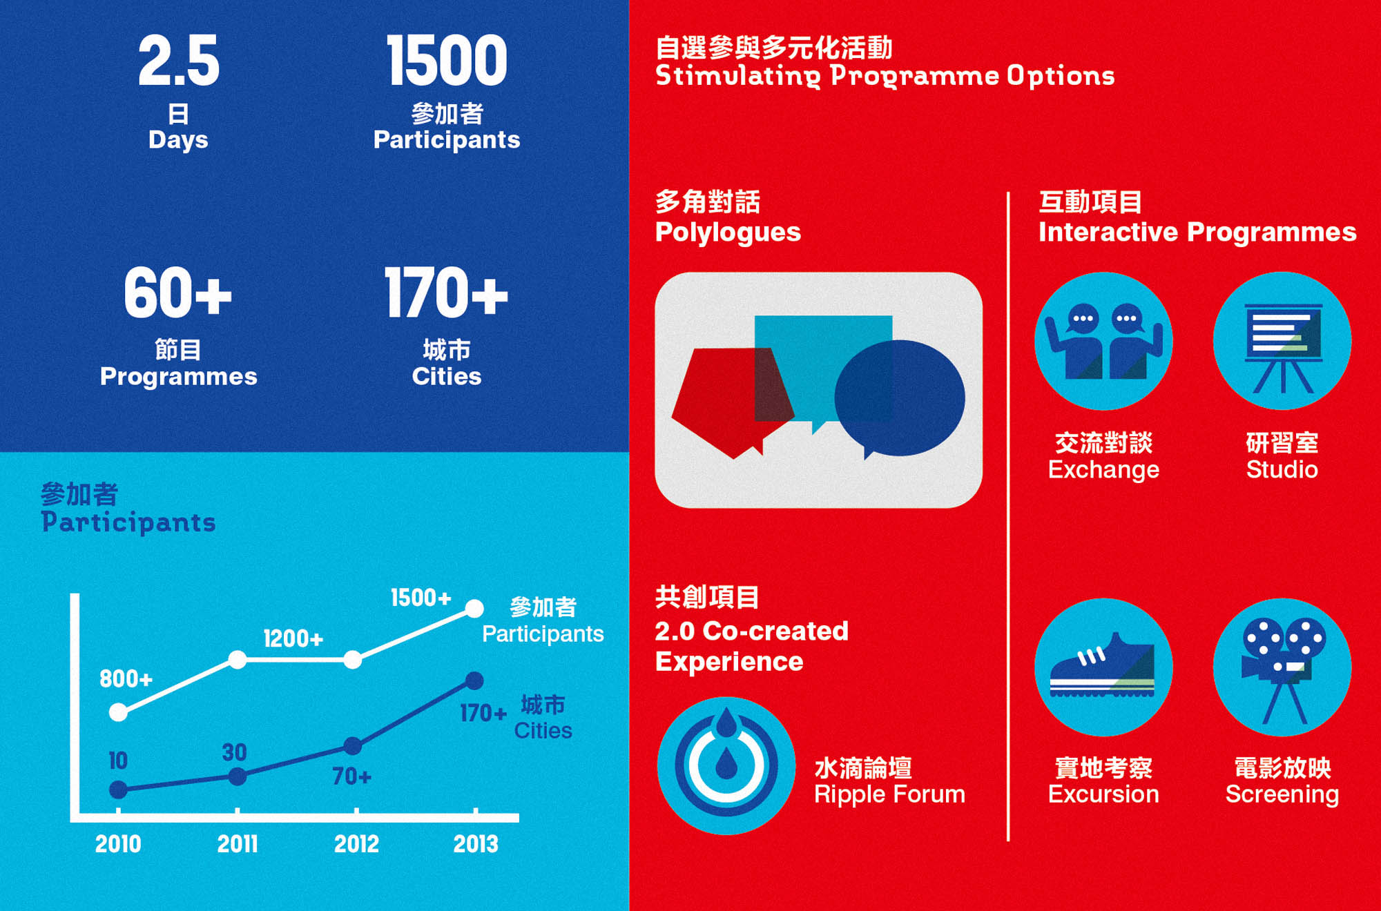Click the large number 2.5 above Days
[x=179, y=61]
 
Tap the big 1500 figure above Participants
[x=447, y=61]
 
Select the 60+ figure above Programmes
[x=177, y=293]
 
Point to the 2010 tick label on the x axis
[x=118, y=843]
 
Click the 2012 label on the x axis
[x=356, y=843]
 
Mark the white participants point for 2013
[x=474, y=609]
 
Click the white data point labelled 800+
[x=118, y=712]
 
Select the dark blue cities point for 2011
[x=237, y=777]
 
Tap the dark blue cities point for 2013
[x=474, y=681]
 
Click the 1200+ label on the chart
[x=293, y=638]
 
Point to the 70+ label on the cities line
[x=351, y=776]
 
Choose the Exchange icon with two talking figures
[x=1103, y=341]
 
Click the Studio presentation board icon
[x=1282, y=341]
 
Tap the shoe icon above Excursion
[x=1103, y=667]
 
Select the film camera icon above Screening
[x=1282, y=667]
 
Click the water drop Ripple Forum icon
[x=726, y=765]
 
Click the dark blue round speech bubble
[x=899, y=398]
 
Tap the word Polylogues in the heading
[x=728, y=233]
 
